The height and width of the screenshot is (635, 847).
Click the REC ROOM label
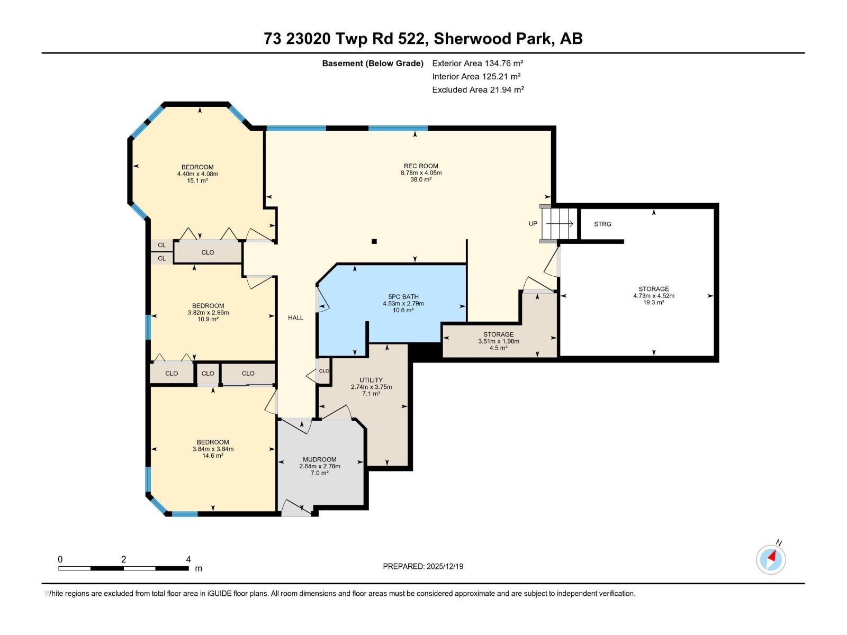[421, 166]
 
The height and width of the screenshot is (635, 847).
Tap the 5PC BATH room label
[403, 297]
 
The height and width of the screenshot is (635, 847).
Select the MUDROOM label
[319, 459]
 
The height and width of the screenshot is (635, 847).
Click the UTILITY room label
[371, 380]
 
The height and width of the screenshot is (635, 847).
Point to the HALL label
[295, 317]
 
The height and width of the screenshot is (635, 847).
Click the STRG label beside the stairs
[602, 224]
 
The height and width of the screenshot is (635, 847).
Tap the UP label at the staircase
[533, 223]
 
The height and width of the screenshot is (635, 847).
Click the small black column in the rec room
[374, 241]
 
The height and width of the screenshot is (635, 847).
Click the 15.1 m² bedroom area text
[197, 180]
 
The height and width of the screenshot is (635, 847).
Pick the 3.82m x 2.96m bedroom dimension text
[208, 312]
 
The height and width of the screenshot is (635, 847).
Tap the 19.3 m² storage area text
[653, 302]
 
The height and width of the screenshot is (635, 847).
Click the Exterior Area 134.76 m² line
[477, 63]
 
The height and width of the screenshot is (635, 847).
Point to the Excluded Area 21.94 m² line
[477, 89]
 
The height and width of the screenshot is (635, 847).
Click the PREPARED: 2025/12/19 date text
[423, 566]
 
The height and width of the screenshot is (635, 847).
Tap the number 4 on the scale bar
[188, 559]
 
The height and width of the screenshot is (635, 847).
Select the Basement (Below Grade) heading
[373, 63]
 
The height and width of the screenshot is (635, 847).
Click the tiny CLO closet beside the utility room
[323, 371]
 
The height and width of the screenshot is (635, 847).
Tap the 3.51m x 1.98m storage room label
[498, 341]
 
